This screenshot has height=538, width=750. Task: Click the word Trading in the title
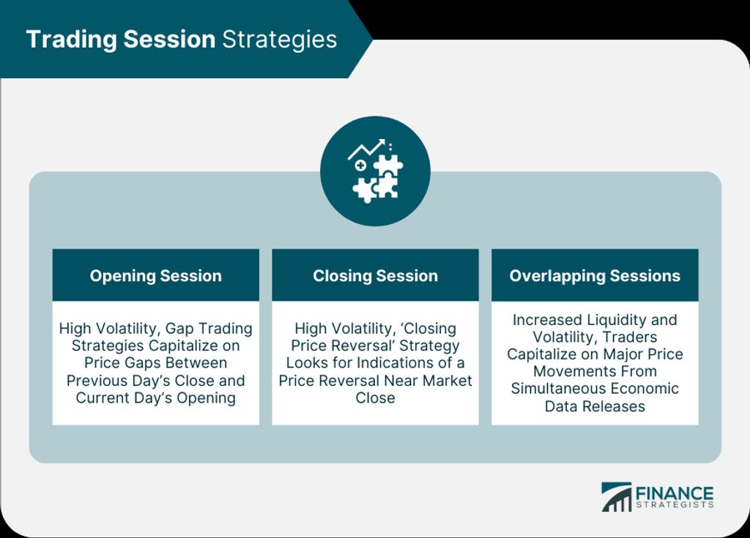(73, 40)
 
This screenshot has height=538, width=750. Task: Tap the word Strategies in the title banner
(279, 40)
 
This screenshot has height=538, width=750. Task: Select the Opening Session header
(156, 275)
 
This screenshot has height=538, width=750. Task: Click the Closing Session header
(376, 275)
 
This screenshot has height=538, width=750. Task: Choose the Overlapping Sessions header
(595, 275)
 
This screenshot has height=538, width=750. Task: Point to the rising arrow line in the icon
(366, 149)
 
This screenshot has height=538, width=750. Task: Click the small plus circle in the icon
(360, 165)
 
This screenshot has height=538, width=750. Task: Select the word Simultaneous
(555, 389)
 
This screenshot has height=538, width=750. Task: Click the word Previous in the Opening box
(94, 381)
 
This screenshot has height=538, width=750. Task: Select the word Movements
(568, 371)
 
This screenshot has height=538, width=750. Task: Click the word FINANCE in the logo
(675, 493)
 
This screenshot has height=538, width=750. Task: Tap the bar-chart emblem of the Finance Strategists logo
(617, 497)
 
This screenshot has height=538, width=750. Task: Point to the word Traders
(630, 337)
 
